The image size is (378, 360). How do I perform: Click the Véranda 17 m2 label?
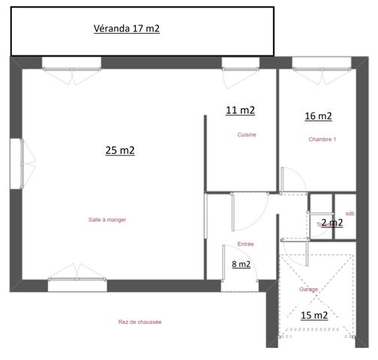127,29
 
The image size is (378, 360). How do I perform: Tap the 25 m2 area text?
120,150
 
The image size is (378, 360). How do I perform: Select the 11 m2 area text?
240,110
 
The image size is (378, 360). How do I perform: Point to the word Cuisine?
247,135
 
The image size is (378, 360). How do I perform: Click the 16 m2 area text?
318,116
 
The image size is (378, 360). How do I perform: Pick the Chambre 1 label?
322,139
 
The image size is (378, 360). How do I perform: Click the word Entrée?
245,244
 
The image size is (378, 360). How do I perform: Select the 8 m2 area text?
241,263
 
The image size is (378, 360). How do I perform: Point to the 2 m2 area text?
331,222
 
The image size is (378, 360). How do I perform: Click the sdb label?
350,214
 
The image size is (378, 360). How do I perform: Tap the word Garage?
308,289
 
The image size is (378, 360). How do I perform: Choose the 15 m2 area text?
314,316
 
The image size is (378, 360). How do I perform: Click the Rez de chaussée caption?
140,322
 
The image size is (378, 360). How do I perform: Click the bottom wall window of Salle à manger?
76,283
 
